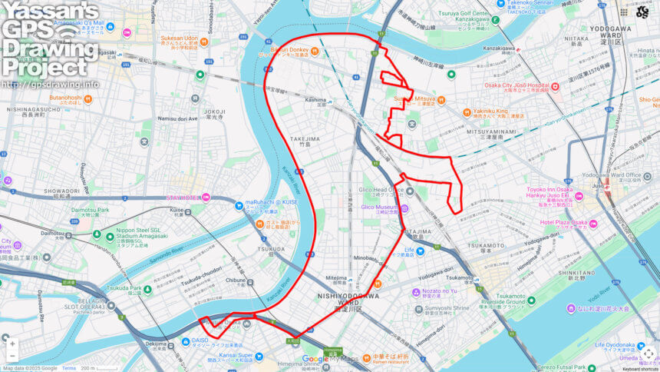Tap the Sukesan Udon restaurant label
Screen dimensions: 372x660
[180, 38]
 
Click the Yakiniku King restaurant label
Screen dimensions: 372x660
[493, 111]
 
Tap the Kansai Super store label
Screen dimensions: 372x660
[235, 355]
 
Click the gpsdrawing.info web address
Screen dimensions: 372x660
[50, 84]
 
